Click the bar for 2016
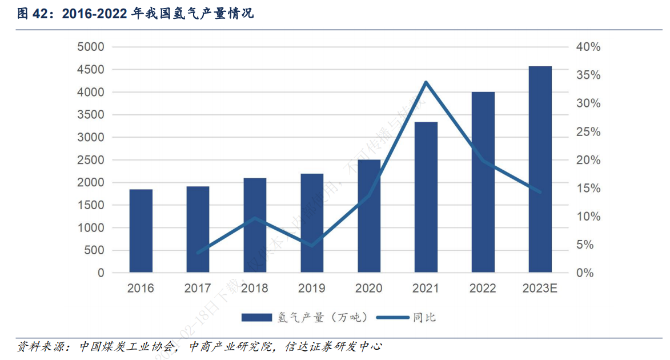tap(141, 231)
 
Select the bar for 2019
tap(312, 223)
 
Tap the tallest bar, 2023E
tap(540, 169)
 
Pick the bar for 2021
tap(426, 197)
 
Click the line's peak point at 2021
tap(426, 82)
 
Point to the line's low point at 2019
tap(312, 246)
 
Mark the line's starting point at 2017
tap(198, 253)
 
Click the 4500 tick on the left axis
tap(91, 70)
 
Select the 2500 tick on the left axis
tap(91, 160)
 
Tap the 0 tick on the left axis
tap(101, 273)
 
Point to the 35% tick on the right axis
tap(588, 75)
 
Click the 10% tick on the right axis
tap(588, 217)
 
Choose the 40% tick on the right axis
tap(588, 47)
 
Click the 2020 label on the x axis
tap(369, 289)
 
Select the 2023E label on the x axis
tap(540, 289)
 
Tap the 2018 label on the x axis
tap(255, 289)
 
